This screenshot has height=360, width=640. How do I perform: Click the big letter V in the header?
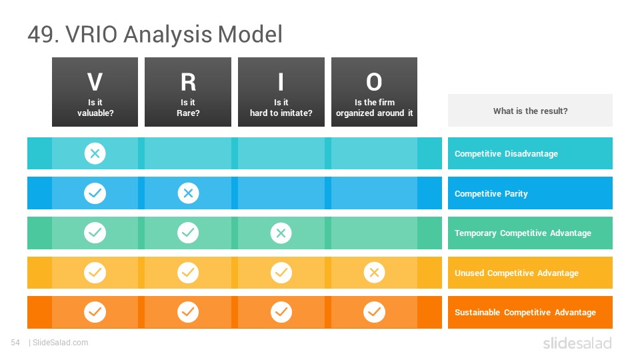(95, 82)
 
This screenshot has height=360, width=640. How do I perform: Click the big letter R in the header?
(188, 82)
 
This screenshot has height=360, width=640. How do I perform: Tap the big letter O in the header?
(374, 82)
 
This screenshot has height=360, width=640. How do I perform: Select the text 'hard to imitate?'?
(281, 113)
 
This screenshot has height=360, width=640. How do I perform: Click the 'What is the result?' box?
(530, 111)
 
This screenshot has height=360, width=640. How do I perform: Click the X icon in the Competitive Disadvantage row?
(95, 153)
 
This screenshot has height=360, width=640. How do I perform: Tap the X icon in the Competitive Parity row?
(188, 193)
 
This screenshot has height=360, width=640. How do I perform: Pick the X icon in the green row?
(281, 233)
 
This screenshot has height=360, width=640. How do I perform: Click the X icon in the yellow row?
(374, 273)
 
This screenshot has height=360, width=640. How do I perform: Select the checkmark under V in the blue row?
(95, 193)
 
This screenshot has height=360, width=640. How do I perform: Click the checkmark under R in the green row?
(188, 233)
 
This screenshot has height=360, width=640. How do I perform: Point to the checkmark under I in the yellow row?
(281, 273)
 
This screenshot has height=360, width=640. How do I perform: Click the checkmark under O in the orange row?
(374, 312)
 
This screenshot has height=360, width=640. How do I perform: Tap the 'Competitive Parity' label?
(491, 193)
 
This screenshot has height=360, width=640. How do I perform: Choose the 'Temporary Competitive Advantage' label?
(523, 233)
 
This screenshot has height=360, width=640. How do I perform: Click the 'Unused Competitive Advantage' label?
(517, 273)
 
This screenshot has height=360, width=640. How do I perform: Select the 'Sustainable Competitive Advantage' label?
(525, 312)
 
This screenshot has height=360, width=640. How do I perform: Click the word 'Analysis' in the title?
(168, 34)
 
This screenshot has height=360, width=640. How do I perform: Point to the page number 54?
(15, 343)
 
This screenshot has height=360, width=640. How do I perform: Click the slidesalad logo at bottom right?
(577, 343)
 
